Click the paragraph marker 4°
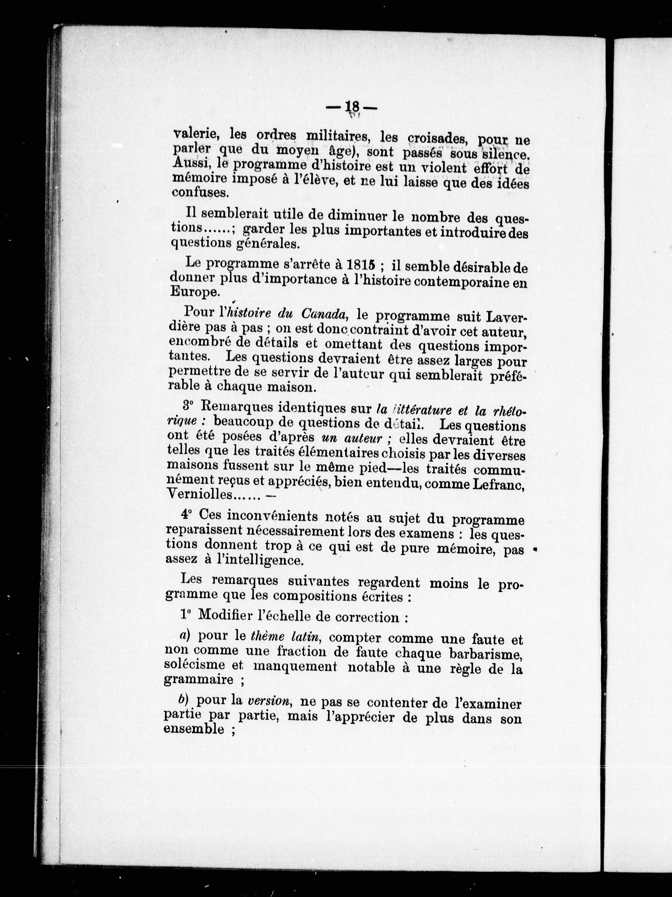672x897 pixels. [x=186, y=515]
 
